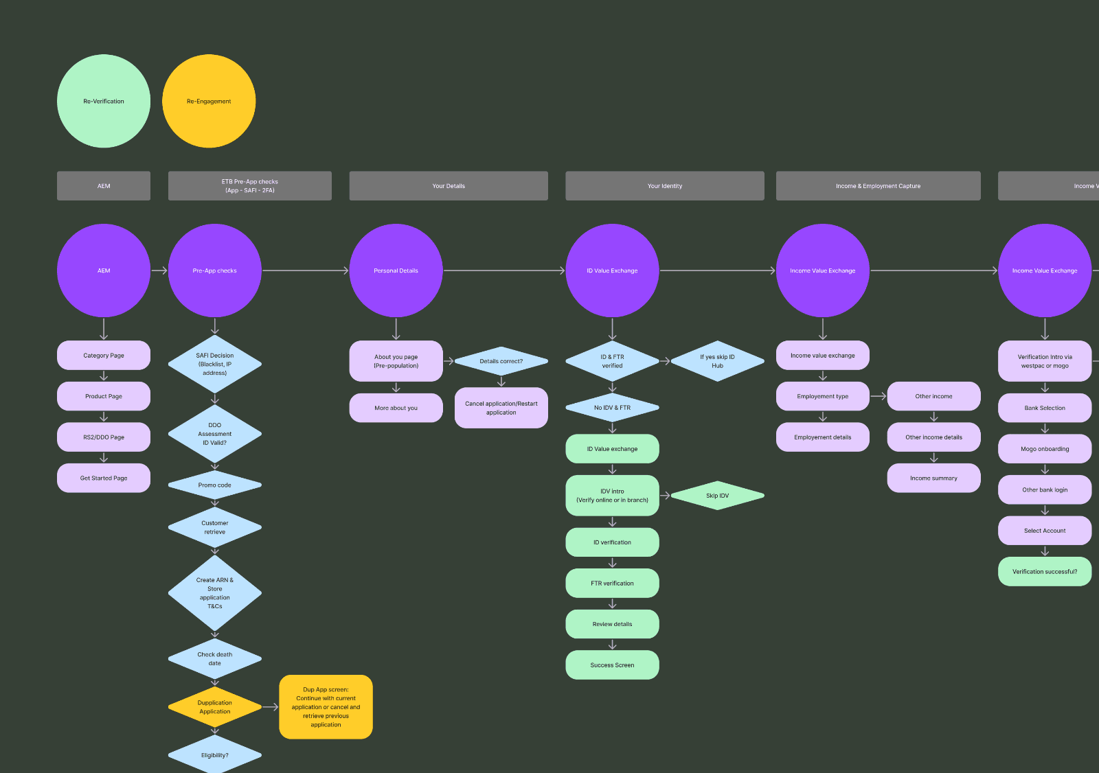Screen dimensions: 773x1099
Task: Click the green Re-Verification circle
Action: (x=104, y=101)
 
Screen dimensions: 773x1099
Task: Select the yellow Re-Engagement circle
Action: (x=209, y=101)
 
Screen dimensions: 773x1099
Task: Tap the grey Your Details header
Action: (x=449, y=186)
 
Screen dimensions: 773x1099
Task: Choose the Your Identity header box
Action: (x=664, y=186)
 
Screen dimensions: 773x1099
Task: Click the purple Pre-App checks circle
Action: (x=214, y=270)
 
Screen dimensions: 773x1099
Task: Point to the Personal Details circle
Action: (x=396, y=270)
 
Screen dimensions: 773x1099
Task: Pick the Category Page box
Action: (x=104, y=356)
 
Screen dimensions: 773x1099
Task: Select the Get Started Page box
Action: (x=104, y=478)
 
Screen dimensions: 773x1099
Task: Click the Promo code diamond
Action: (x=214, y=485)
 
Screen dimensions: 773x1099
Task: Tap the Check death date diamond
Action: (x=214, y=659)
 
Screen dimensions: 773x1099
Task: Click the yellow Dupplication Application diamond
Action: (x=214, y=707)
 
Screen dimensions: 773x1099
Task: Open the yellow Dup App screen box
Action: (x=326, y=707)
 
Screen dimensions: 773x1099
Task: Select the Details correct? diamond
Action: (x=501, y=361)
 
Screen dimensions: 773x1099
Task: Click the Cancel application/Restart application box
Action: (x=501, y=408)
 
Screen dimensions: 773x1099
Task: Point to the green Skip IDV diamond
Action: (x=717, y=496)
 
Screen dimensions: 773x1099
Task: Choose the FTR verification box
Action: (x=612, y=584)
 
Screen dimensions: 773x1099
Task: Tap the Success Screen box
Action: (x=612, y=665)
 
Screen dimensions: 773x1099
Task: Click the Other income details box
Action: (x=933, y=437)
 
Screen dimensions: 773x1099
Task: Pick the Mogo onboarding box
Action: (x=1044, y=449)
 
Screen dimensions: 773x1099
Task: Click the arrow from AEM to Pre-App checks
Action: (x=159, y=270)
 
